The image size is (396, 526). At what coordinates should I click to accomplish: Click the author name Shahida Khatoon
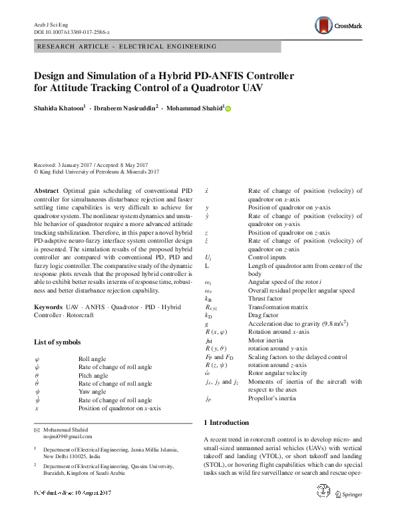[x=59, y=107]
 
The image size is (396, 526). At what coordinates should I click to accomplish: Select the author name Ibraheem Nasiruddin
[x=126, y=107]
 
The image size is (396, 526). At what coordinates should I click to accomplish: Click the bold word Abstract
[x=46, y=191]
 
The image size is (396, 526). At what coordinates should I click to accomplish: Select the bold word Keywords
[x=49, y=307]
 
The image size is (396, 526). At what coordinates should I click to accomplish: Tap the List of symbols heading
[x=61, y=342]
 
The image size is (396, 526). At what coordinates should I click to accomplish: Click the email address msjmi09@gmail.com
[x=68, y=437]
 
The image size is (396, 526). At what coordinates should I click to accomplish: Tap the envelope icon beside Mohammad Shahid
[x=37, y=430]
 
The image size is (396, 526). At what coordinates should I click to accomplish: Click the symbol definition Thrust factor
[x=266, y=299]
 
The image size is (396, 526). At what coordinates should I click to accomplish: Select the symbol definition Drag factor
[x=264, y=315]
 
